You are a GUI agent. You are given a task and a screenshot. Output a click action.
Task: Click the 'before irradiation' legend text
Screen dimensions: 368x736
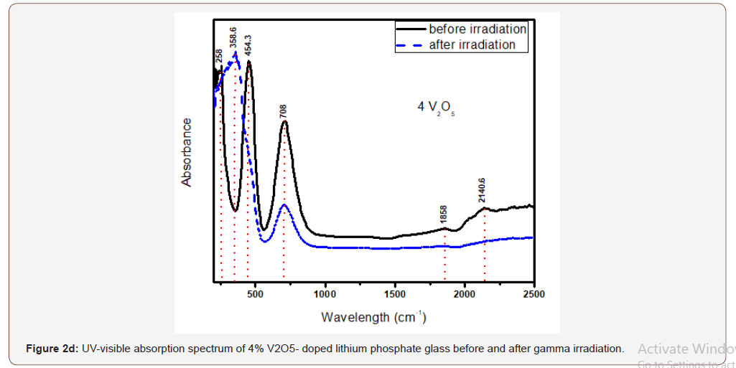click(x=478, y=29)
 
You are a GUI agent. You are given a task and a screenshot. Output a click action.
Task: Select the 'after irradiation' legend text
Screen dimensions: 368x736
click(x=472, y=44)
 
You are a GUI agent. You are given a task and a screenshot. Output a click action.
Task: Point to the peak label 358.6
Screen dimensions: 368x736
click(x=233, y=38)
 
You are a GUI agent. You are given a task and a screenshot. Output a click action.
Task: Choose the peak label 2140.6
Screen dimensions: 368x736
click(x=483, y=189)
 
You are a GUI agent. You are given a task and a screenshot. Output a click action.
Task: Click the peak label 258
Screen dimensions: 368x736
click(x=218, y=57)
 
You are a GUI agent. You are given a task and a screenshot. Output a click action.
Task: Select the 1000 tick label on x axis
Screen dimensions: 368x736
click(x=325, y=294)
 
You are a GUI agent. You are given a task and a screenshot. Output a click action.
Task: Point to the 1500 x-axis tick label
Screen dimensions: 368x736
click(x=395, y=294)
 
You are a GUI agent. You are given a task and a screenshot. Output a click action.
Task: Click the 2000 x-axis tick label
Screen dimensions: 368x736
click(x=465, y=294)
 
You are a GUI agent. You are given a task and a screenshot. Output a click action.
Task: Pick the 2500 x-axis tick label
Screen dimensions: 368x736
click(x=534, y=294)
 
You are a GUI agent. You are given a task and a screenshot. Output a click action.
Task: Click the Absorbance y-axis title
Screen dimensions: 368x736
click(x=187, y=152)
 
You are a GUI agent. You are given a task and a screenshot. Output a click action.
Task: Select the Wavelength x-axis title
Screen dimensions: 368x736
click(x=373, y=316)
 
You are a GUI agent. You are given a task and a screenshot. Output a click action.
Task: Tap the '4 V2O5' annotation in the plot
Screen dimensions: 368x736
click(x=436, y=108)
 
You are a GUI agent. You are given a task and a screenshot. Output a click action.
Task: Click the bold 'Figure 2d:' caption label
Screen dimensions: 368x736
click(x=52, y=349)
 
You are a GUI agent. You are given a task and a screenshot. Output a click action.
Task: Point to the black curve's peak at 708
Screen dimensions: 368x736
click(x=285, y=122)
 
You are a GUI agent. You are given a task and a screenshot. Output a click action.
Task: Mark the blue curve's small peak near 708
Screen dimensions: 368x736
click(x=284, y=205)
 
